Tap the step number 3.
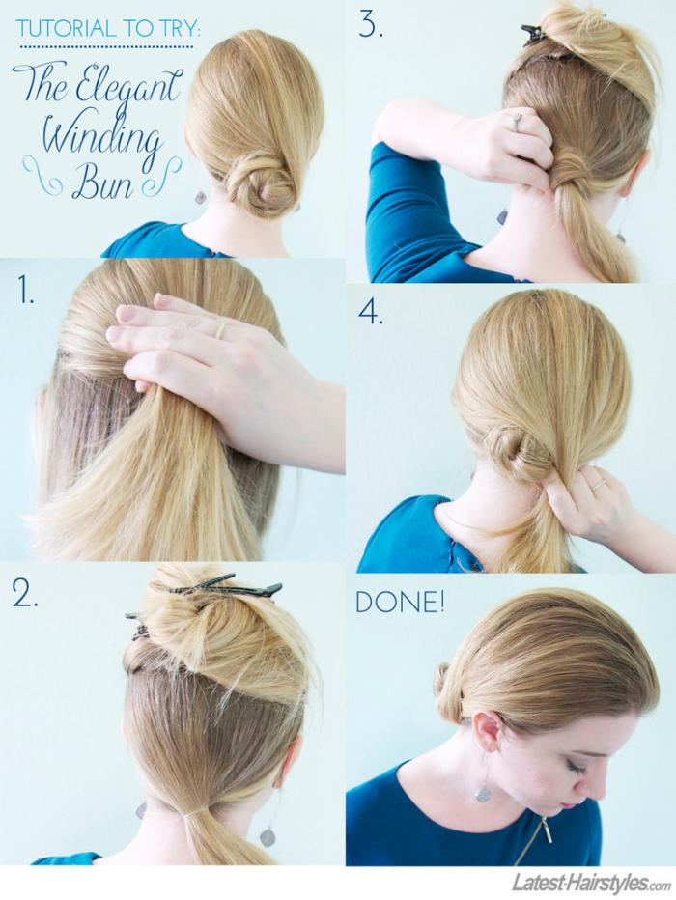tap(370, 24)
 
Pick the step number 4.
tap(371, 312)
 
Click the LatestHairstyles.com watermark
tap(591, 882)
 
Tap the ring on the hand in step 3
tap(516, 121)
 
